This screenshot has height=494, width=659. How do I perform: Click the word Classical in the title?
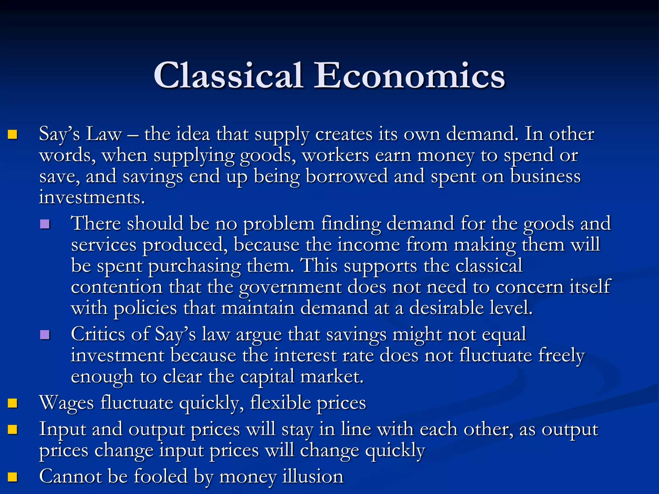click(228, 75)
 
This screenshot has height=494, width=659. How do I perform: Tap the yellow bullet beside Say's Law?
click(13, 134)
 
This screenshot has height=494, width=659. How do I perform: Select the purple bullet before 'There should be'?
click(45, 224)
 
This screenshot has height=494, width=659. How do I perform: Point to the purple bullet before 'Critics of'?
click(45, 335)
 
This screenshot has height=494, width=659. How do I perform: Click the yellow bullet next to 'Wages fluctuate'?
click(13, 403)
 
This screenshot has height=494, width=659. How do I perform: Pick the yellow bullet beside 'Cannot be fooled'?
click(13, 477)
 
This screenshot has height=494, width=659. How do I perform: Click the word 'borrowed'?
click(347, 177)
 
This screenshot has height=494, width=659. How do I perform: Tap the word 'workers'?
click(335, 156)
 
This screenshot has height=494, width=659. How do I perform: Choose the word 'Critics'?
click(98, 334)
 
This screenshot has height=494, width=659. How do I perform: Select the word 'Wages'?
click(66, 403)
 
